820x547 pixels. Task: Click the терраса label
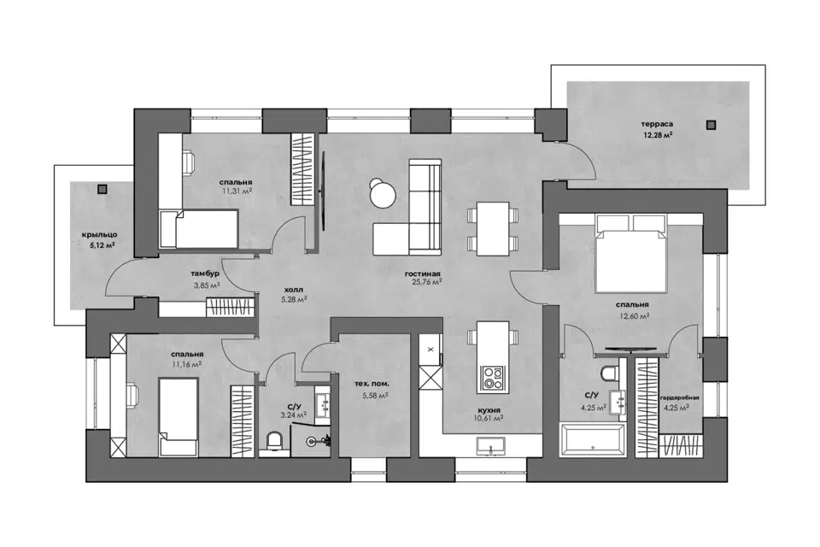658,124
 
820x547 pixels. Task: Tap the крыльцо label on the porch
99,235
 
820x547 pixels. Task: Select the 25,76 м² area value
427,282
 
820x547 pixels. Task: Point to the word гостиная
423,273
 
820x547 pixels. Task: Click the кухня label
489,410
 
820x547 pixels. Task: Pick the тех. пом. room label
372,385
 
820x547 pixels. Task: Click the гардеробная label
679,397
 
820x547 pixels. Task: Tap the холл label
293,290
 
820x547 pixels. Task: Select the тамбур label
205,273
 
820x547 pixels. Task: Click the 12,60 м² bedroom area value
634,315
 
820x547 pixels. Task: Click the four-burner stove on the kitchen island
493,379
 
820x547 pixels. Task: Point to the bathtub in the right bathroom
593,440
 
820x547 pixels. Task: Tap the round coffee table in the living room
382,194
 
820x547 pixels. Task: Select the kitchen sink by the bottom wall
491,445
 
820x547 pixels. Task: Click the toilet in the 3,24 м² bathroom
274,441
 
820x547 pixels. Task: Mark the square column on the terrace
710,125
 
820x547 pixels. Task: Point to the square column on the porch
102,189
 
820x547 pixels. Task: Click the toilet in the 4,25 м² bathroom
610,373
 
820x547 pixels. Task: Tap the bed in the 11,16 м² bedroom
179,417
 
